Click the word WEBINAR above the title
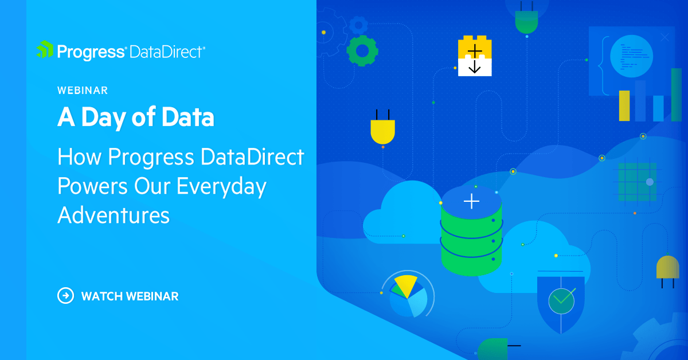83,90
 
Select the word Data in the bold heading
187,118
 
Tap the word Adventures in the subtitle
114,215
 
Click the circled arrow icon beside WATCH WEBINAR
66,296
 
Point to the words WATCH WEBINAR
130,296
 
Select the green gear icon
362,51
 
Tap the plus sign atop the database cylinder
471,201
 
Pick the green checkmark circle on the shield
561,299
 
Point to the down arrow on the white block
475,67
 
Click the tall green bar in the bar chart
676,95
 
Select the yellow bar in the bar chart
624,105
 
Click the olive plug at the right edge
668,268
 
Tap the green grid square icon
636,182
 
